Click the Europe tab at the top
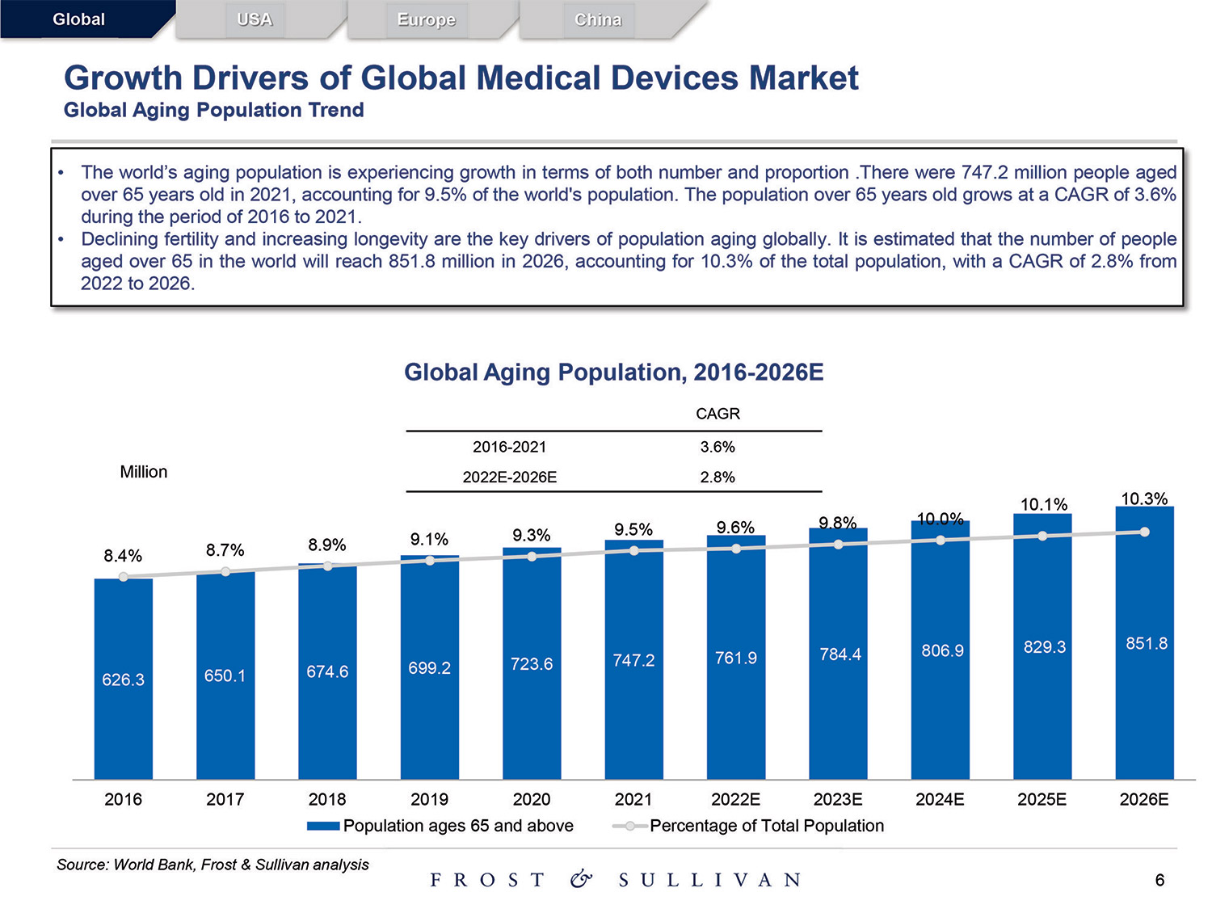[426, 19]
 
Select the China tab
[598, 19]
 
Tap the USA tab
[255, 19]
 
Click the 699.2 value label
[429, 668]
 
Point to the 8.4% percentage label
[123, 556]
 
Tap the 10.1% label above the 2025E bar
[1044, 505]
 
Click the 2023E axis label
[838, 800]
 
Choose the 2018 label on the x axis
[327, 800]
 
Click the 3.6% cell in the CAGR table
[718, 447]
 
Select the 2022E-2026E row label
[510, 478]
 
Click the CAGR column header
[718, 414]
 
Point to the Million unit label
[144, 472]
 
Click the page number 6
[1159, 880]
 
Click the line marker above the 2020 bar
[532, 556]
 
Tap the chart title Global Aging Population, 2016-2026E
[614, 372]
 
